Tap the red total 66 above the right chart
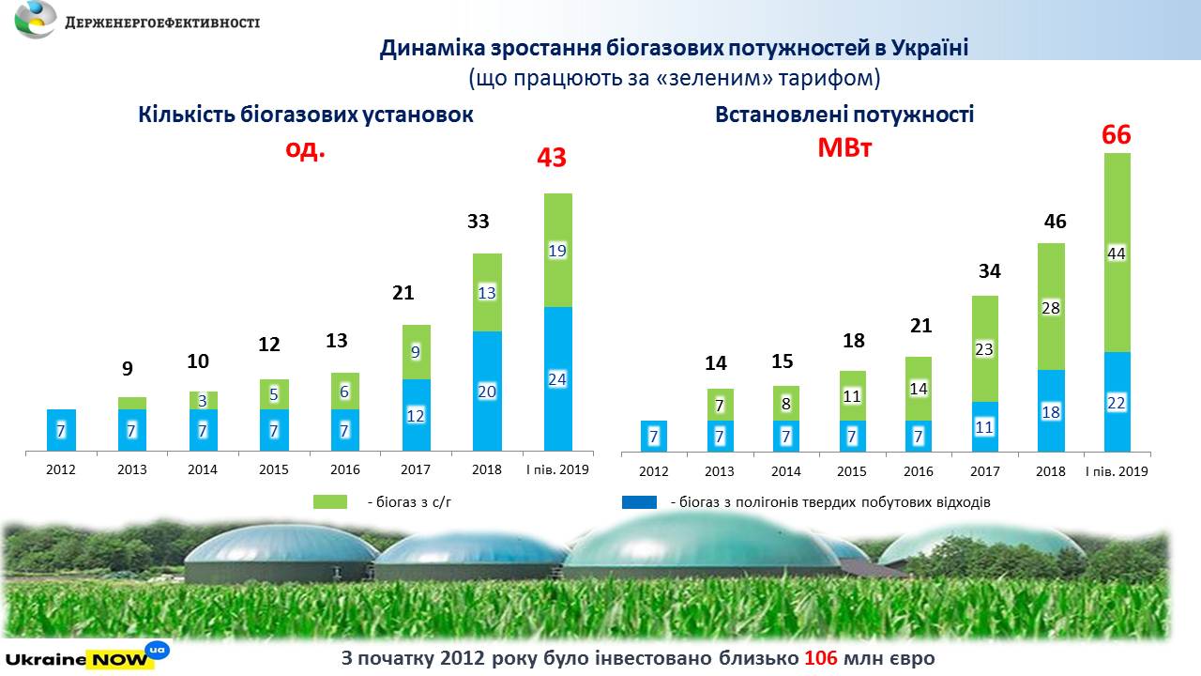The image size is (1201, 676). click(1117, 136)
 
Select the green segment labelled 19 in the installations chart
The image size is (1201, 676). click(557, 251)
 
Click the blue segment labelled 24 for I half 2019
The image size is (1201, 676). click(557, 378)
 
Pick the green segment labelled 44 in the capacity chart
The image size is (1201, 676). click(1117, 253)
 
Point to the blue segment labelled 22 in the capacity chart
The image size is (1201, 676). click(1117, 402)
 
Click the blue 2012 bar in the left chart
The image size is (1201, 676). click(61, 430)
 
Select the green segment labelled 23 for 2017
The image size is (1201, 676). click(984, 349)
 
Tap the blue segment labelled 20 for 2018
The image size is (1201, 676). click(487, 391)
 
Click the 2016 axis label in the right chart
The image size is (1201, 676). click(918, 471)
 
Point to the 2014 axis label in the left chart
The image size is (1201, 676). click(203, 469)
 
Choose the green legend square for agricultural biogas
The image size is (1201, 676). click(330, 502)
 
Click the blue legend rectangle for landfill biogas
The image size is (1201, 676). click(640, 502)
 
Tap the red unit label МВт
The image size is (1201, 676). click(844, 147)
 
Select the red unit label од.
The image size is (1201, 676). click(306, 149)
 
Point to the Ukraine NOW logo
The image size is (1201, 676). click(85, 655)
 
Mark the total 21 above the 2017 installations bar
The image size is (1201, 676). click(403, 294)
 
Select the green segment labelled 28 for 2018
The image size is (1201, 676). click(1051, 307)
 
